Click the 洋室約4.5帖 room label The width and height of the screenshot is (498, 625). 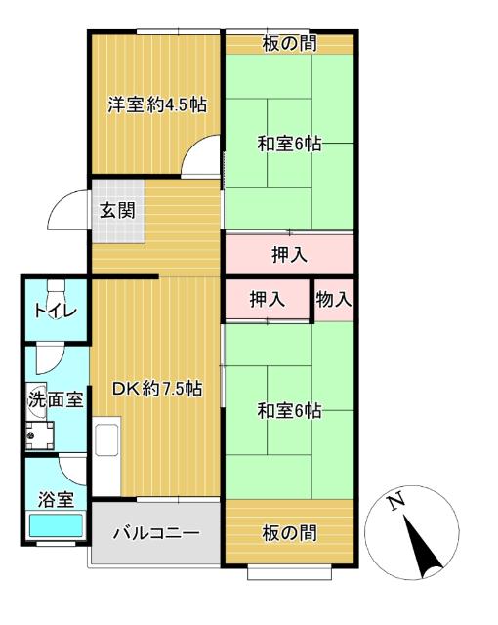tap(156, 104)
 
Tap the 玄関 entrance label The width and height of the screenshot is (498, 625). tap(116, 209)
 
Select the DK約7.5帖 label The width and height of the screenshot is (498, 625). tap(156, 388)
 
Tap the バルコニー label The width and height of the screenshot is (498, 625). tap(155, 533)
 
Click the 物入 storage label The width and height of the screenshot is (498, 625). tap(334, 300)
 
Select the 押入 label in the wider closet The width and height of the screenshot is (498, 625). tap(289, 255)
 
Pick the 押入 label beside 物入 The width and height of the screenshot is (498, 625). tap(267, 300)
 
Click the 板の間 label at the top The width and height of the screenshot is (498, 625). tap(289, 43)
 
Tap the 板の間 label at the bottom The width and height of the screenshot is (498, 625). tap(289, 532)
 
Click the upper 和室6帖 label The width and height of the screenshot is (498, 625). tap(289, 144)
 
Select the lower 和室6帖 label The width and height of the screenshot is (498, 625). tap(289, 411)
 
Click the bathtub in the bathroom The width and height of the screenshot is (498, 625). tap(56, 525)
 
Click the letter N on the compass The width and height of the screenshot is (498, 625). tap(394, 503)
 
